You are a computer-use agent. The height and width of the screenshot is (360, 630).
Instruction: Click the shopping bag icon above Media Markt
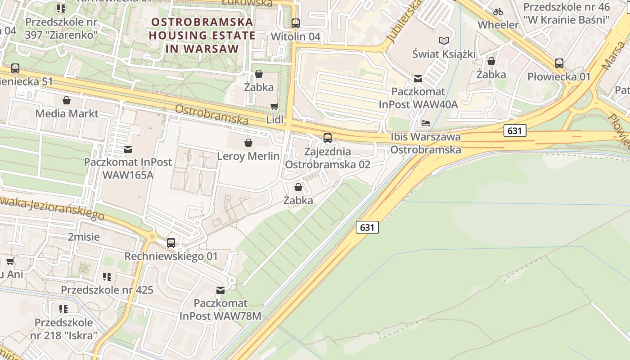pyautogui.click(x=67, y=100)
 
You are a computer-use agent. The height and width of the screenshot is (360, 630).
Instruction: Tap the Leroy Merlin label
pyautogui.click(x=248, y=156)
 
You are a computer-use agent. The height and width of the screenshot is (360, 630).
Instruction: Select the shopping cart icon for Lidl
pyautogui.click(x=274, y=107)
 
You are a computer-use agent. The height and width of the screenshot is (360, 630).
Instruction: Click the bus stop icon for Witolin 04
pyautogui.click(x=296, y=23)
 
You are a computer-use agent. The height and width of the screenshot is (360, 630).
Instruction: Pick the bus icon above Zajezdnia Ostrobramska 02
pyautogui.click(x=328, y=138)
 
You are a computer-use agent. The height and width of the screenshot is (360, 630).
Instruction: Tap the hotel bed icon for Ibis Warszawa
pyautogui.click(x=426, y=123)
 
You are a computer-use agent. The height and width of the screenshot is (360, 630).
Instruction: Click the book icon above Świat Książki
pyautogui.click(x=444, y=41)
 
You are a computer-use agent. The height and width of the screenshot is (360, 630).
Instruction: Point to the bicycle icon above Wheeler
pyautogui.click(x=498, y=12)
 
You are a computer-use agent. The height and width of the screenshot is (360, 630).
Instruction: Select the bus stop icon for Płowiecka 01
pyautogui.click(x=559, y=63)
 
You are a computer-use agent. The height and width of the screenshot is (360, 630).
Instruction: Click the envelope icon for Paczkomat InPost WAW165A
pyautogui.click(x=128, y=149)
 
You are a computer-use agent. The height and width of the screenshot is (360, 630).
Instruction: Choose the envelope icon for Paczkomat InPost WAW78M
pyautogui.click(x=220, y=290)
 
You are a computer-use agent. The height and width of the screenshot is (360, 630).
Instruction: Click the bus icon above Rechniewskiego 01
pyautogui.click(x=171, y=243)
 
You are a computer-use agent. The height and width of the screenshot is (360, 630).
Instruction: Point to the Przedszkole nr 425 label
pyautogui.click(x=107, y=290)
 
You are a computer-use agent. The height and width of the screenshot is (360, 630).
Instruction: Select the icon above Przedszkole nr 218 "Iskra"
pyautogui.click(x=63, y=309)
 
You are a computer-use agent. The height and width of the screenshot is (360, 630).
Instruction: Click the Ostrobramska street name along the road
pyautogui.click(x=211, y=115)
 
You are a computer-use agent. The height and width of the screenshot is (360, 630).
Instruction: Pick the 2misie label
pyautogui.click(x=84, y=237)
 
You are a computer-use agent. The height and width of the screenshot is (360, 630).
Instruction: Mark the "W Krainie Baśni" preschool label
pyautogui.click(x=567, y=20)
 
